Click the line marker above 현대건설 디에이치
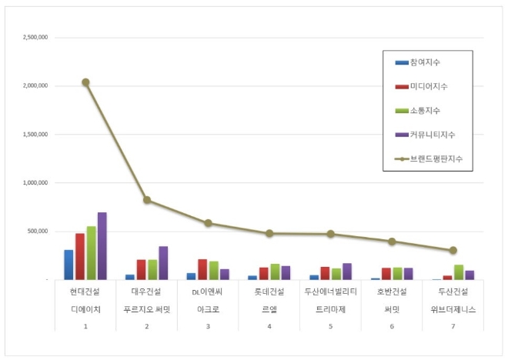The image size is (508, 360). coord(85,82)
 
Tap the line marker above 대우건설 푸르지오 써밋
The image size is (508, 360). coord(147,201)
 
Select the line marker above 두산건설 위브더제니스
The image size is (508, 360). coord(453,250)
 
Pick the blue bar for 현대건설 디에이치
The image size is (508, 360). coord(69,265)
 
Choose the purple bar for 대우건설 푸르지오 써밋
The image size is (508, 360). coord(163,263)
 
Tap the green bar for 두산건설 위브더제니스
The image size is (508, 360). coord(459,272)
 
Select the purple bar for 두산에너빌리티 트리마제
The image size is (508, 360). coord(347,272)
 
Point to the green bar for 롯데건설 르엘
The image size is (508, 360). coord(275,272)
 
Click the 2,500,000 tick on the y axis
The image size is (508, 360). coord(35,37)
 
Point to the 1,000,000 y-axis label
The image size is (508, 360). coord(35,183)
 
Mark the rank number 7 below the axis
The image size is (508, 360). coord(453,325)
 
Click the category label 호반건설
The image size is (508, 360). coord(392,291)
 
